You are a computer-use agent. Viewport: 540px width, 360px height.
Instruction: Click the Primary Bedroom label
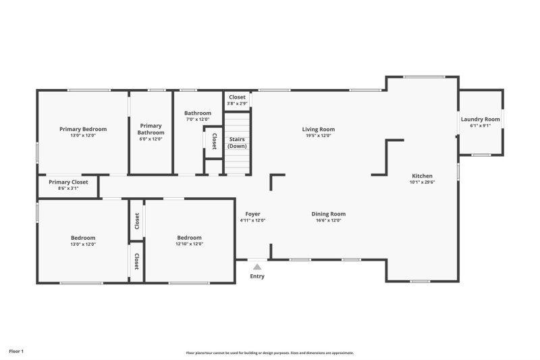click(83, 129)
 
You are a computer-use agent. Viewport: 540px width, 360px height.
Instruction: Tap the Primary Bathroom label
click(151, 129)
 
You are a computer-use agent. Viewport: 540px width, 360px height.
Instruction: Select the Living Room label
click(318, 129)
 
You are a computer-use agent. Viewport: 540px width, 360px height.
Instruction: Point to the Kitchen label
click(423, 176)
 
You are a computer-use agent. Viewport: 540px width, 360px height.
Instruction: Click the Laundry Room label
click(481, 119)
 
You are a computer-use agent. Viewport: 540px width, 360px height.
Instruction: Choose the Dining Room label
click(329, 214)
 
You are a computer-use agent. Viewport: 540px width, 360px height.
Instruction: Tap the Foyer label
click(253, 214)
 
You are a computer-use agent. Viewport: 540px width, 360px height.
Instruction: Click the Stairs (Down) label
click(237, 143)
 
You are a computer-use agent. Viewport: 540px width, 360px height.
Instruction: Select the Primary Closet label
click(68, 182)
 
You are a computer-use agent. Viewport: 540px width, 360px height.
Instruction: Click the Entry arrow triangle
click(257, 267)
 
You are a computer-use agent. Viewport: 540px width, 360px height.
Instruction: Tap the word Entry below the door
click(257, 276)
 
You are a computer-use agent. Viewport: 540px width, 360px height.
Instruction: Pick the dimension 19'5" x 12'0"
click(318, 136)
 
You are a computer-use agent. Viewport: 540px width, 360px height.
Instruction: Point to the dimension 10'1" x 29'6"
click(423, 182)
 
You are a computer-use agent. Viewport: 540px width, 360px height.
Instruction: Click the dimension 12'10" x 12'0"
click(189, 244)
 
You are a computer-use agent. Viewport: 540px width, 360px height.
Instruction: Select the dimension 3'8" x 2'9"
click(237, 103)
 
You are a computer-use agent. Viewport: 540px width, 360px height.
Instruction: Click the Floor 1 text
click(16, 351)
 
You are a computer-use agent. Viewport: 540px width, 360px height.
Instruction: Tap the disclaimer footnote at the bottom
click(270, 353)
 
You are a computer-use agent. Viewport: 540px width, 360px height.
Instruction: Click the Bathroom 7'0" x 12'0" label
click(198, 116)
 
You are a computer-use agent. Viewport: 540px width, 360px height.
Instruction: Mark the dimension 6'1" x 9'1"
click(481, 126)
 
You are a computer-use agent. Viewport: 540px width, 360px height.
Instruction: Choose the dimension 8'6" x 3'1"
click(68, 188)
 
